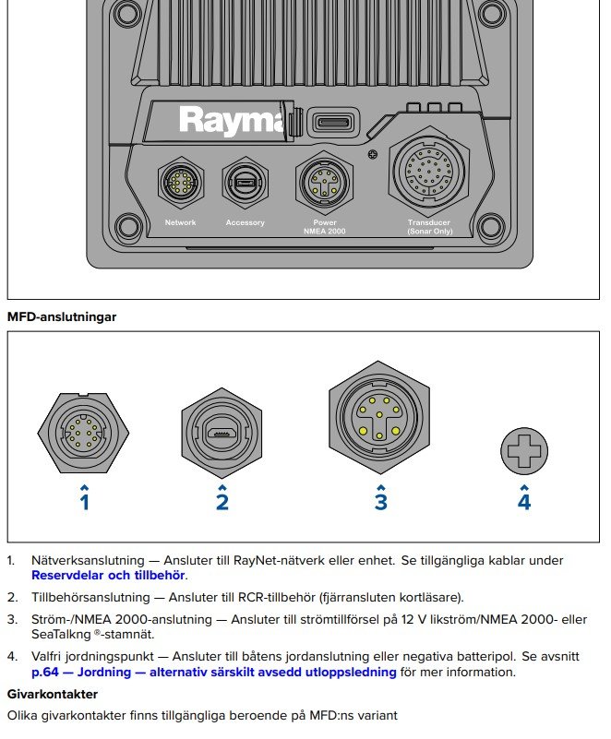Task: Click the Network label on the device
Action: point(180,222)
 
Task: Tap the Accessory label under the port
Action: point(245,222)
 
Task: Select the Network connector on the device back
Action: point(180,183)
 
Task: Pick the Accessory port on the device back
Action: point(245,183)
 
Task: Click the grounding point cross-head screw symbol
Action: point(524,451)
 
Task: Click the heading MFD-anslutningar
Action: point(62,316)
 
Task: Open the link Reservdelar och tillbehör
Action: point(108,575)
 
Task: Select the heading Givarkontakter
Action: point(52,692)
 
